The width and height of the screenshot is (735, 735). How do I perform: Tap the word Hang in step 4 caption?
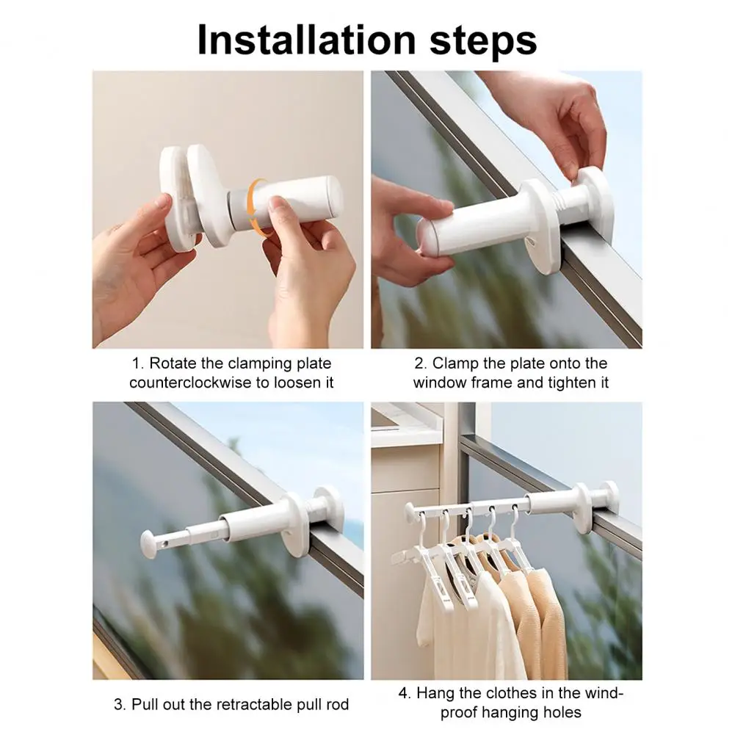pos(435,692)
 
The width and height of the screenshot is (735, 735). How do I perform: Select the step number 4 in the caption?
pos(403,692)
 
